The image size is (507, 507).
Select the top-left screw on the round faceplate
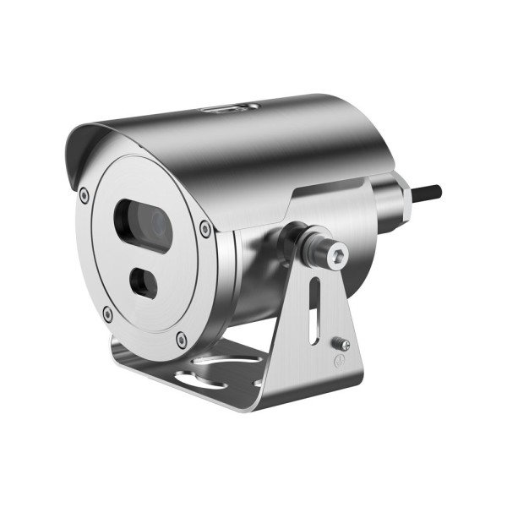83,195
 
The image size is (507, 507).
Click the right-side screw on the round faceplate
205,226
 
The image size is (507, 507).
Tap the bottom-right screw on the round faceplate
182,341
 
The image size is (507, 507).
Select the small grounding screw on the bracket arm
341,343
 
